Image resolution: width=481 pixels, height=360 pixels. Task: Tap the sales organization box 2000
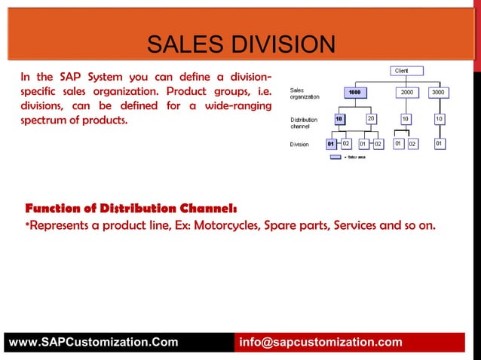[x=406, y=93]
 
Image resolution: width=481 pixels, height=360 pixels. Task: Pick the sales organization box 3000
[x=438, y=93]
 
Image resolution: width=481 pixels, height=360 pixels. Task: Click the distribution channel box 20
[x=371, y=119]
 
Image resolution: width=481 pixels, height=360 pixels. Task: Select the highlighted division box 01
[x=331, y=143]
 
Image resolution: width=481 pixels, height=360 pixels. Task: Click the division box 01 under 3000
[x=438, y=143]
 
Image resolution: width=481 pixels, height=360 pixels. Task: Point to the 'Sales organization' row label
[x=305, y=93]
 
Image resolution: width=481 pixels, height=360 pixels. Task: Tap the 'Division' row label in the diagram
[x=299, y=144]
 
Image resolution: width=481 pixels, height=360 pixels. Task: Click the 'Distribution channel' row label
[x=304, y=123]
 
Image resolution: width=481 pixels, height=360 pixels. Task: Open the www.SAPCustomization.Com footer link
[x=93, y=343]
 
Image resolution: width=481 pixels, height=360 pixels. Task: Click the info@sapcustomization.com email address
[x=320, y=343]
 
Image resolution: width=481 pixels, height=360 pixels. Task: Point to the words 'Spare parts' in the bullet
[x=294, y=225]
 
